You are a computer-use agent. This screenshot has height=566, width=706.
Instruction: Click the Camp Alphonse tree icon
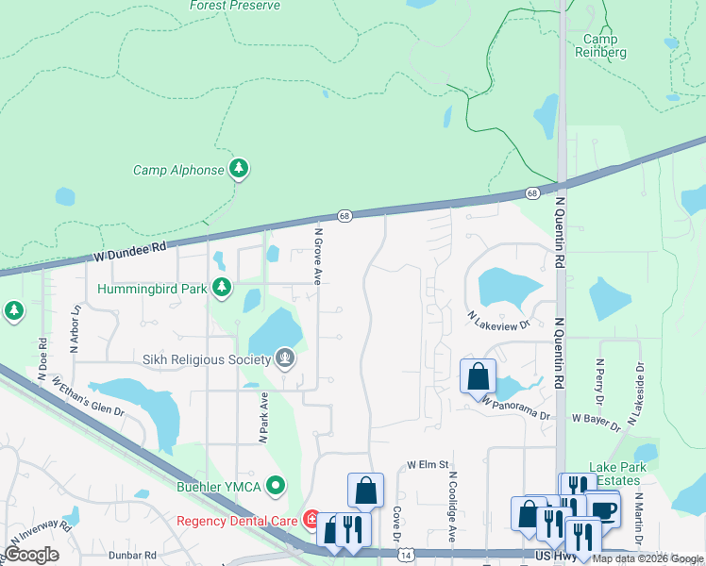240,170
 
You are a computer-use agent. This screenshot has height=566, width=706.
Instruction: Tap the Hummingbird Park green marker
222,288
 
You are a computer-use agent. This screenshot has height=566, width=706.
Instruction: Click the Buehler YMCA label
222,487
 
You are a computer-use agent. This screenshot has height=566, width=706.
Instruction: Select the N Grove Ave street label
319,254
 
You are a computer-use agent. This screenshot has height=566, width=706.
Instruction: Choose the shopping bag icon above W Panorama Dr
479,375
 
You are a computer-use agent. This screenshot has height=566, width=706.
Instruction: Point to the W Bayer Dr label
596,422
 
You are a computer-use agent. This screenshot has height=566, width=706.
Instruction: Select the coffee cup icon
603,509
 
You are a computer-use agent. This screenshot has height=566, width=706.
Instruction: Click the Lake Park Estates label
615,474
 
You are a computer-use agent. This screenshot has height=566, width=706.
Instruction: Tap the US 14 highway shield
405,557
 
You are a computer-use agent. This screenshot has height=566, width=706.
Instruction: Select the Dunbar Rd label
132,557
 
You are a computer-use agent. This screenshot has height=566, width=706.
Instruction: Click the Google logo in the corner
32,555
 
